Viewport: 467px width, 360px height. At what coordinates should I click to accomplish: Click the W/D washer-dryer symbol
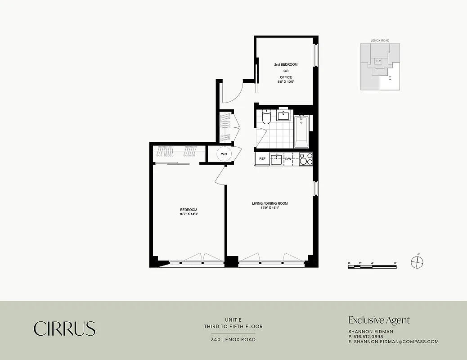pyautogui.click(x=224, y=154)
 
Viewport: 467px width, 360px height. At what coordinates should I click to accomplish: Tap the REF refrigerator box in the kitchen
pyautogui.click(x=262, y=159)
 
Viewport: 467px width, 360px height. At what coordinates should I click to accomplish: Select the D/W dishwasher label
pyautogui.click(x=289, y=159)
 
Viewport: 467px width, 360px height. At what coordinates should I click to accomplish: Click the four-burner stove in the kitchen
pyautogui.click(x=306, y=159)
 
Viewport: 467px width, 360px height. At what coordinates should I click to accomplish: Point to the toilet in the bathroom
pyautogui.click(x=266, y=118)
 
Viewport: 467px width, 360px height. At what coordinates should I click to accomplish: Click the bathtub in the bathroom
pyautogui.click(x=301, y=131)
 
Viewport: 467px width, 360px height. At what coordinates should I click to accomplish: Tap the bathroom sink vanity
pyautogui.click(x=284, y=116)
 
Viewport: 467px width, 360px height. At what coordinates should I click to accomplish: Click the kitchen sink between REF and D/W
pyautogui.click(x=277, y=159)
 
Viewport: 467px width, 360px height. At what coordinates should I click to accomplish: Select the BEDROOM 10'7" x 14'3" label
pyautogui.click(x=189, y=212)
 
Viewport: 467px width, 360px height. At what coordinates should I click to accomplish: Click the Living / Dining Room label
pyautogui.click(x=269, y=206)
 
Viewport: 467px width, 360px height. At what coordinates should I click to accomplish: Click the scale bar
pyautogui.click(x=372, y=266)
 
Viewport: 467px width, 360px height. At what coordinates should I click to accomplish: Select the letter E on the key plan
pyautogui.click(x=390, y=78)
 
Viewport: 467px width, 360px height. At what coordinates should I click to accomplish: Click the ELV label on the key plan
pyautogui.click(x=378, y=61)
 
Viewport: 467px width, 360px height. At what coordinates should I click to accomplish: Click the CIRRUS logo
pyautogui.click(x=64, y=328)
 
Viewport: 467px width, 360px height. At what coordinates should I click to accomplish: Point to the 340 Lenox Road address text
pyautogui.click(x=233, y=339)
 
